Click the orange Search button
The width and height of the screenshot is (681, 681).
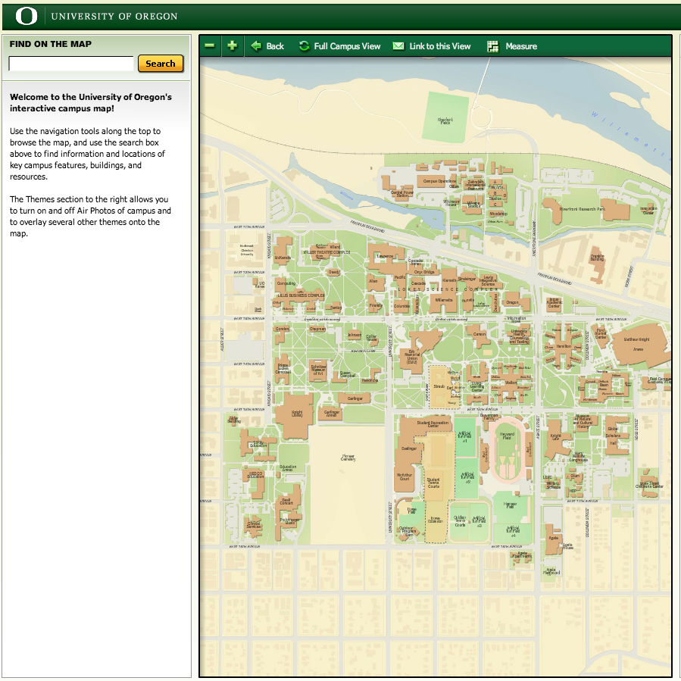pos(161,64)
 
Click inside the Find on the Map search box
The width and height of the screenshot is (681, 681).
pos(71,64)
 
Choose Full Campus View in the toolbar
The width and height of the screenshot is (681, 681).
pos(339,46)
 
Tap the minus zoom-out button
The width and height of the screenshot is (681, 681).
pos(210,46)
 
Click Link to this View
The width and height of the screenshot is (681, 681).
pos(432,46)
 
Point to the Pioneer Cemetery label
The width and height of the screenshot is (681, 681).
pos(348,458)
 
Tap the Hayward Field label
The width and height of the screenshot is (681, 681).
pos(507,436)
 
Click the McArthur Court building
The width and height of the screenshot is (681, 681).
pos(404,477)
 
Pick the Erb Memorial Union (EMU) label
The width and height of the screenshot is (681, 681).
pos(412,359)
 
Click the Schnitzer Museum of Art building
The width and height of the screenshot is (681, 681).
pos(318,369)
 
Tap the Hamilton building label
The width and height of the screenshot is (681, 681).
pos(563,345)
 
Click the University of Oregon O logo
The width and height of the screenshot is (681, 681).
pos(27,15)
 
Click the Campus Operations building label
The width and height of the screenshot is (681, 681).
pos(439,182)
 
